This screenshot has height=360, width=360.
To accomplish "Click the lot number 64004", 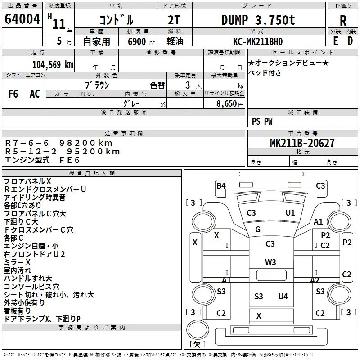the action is point(22,19).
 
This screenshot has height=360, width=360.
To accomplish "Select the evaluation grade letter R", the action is point(343,21).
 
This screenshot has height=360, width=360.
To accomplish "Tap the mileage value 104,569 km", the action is point(53,65).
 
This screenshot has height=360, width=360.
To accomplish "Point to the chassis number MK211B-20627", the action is point(302,143).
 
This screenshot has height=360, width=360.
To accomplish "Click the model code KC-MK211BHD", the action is point(258,41).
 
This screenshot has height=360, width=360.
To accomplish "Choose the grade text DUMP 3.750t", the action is point(258,20).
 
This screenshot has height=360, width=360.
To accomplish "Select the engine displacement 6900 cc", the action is point(141,41).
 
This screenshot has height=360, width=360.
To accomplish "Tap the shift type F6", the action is point(13,94).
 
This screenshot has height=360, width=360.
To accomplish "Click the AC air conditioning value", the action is point(35,94).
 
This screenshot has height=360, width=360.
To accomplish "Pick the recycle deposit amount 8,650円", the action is point(230,104).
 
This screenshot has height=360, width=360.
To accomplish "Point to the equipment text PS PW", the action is point(262,121).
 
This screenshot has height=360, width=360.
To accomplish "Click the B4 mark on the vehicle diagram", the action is point(221,185).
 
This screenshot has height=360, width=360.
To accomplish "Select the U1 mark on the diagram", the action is point(290,213).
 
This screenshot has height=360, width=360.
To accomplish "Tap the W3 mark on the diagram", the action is point(270,262).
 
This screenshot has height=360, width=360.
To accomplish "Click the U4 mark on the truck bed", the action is point(283,297).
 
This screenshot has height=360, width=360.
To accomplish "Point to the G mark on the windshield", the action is point(258,229).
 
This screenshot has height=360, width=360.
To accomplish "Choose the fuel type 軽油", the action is point(175,41).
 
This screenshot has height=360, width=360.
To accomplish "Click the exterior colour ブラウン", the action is point(97,85).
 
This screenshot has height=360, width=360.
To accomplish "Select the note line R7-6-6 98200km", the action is point(59,143).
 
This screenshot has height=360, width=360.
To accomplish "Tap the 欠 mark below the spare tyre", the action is point(197,344).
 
